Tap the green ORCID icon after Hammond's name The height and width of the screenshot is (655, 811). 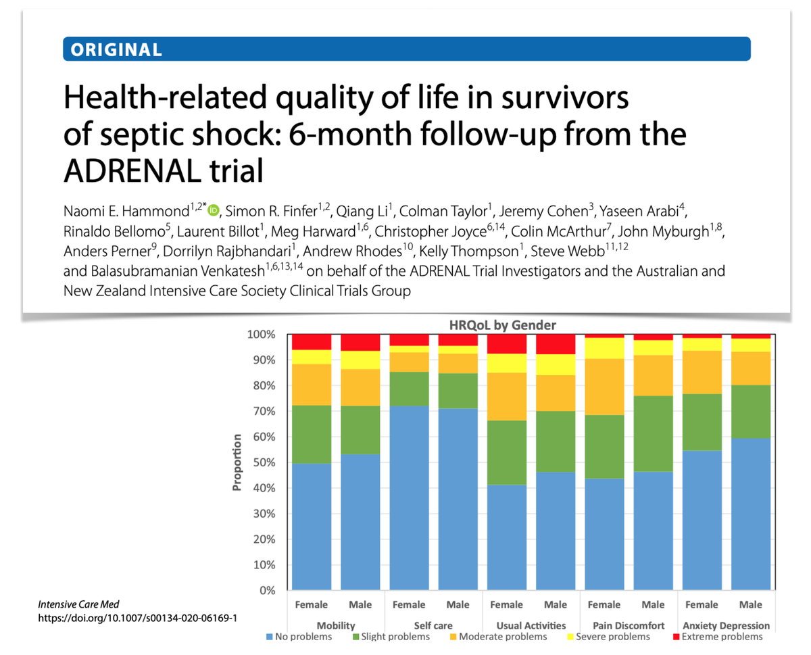pyautogui.click(x=214, y=210)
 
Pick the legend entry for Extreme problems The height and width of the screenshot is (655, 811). pyautogui.click(x=721, y=637)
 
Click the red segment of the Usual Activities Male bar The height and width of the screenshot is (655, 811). pyautogui.click(x=556, y=345)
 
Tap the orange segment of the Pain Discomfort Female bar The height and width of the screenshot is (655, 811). pyautogui.click(x=604, y=387)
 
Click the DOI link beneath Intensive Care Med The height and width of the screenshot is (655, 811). pyautogui.click(x=137, y=618)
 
